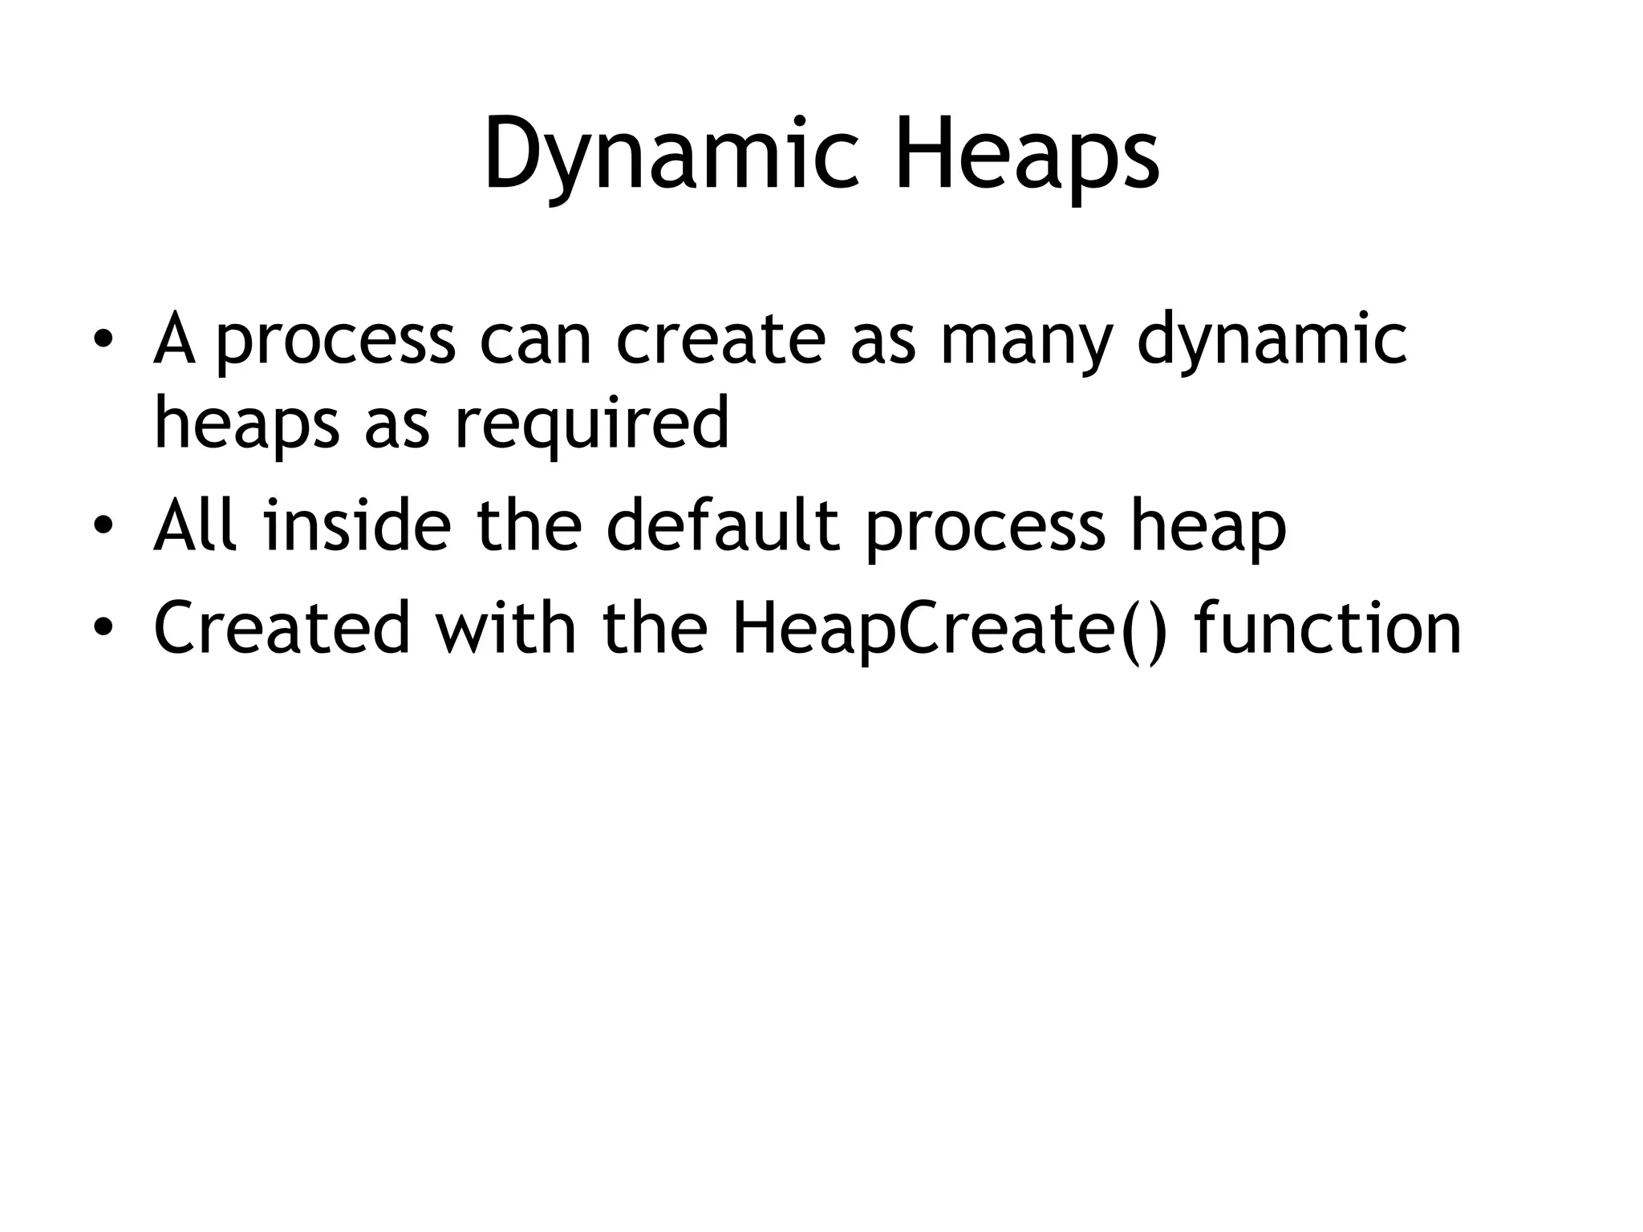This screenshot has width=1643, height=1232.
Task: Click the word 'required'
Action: (x=592, y=425)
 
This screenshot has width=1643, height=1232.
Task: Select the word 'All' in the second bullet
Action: (x=196, y=525)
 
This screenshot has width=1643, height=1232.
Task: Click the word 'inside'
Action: (x=358, y=525)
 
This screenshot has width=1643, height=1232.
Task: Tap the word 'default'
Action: (x=723, y=525)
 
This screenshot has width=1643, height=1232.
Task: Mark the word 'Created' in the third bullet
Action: (x=282, y=628)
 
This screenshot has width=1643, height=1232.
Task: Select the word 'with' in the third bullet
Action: (x=505, y=628)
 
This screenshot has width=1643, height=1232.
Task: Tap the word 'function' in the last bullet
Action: (x=1327, y=628)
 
